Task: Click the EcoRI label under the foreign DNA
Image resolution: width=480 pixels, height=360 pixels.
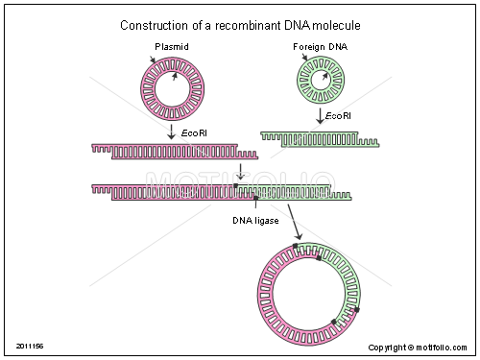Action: (x=337, y=116)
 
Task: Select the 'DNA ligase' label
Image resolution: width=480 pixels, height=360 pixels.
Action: (x=255, y=221)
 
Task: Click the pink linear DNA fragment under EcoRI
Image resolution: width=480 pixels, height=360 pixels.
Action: (x=173, y=151)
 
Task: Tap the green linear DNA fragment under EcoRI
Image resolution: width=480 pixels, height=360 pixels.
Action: (x=319, y=139)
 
